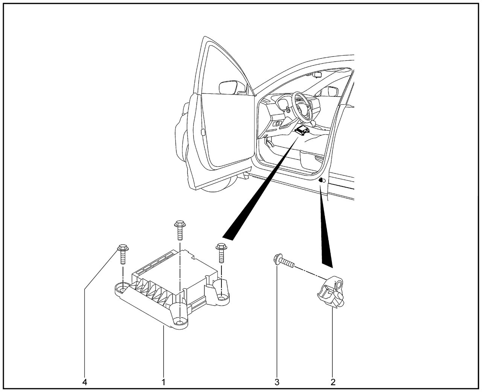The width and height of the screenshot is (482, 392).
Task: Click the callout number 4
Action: (x=85, y=382)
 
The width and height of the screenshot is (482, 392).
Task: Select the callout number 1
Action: (x=163, y=382)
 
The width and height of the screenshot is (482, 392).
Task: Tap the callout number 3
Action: (x=277, y=382)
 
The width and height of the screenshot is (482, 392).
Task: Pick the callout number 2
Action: (x=333, y=382)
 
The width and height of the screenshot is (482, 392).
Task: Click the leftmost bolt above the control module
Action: (x=123, y=254)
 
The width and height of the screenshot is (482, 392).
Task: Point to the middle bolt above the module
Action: (x=180, y=230)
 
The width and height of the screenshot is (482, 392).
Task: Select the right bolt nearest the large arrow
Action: (x=221, y=253)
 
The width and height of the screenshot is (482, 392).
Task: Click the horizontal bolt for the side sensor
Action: (x=283, y=262)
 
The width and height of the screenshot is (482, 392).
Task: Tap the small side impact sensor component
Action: (x=331, y=292)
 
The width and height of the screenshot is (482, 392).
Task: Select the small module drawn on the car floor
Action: (x=302, y=131)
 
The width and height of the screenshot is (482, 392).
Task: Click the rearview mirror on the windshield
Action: (x=317, y=75)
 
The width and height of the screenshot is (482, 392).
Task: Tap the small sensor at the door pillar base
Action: (x=322, y=180)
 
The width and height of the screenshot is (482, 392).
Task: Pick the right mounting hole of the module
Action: (x=221, y=296)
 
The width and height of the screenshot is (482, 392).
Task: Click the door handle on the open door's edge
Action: (x=203, y=132)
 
